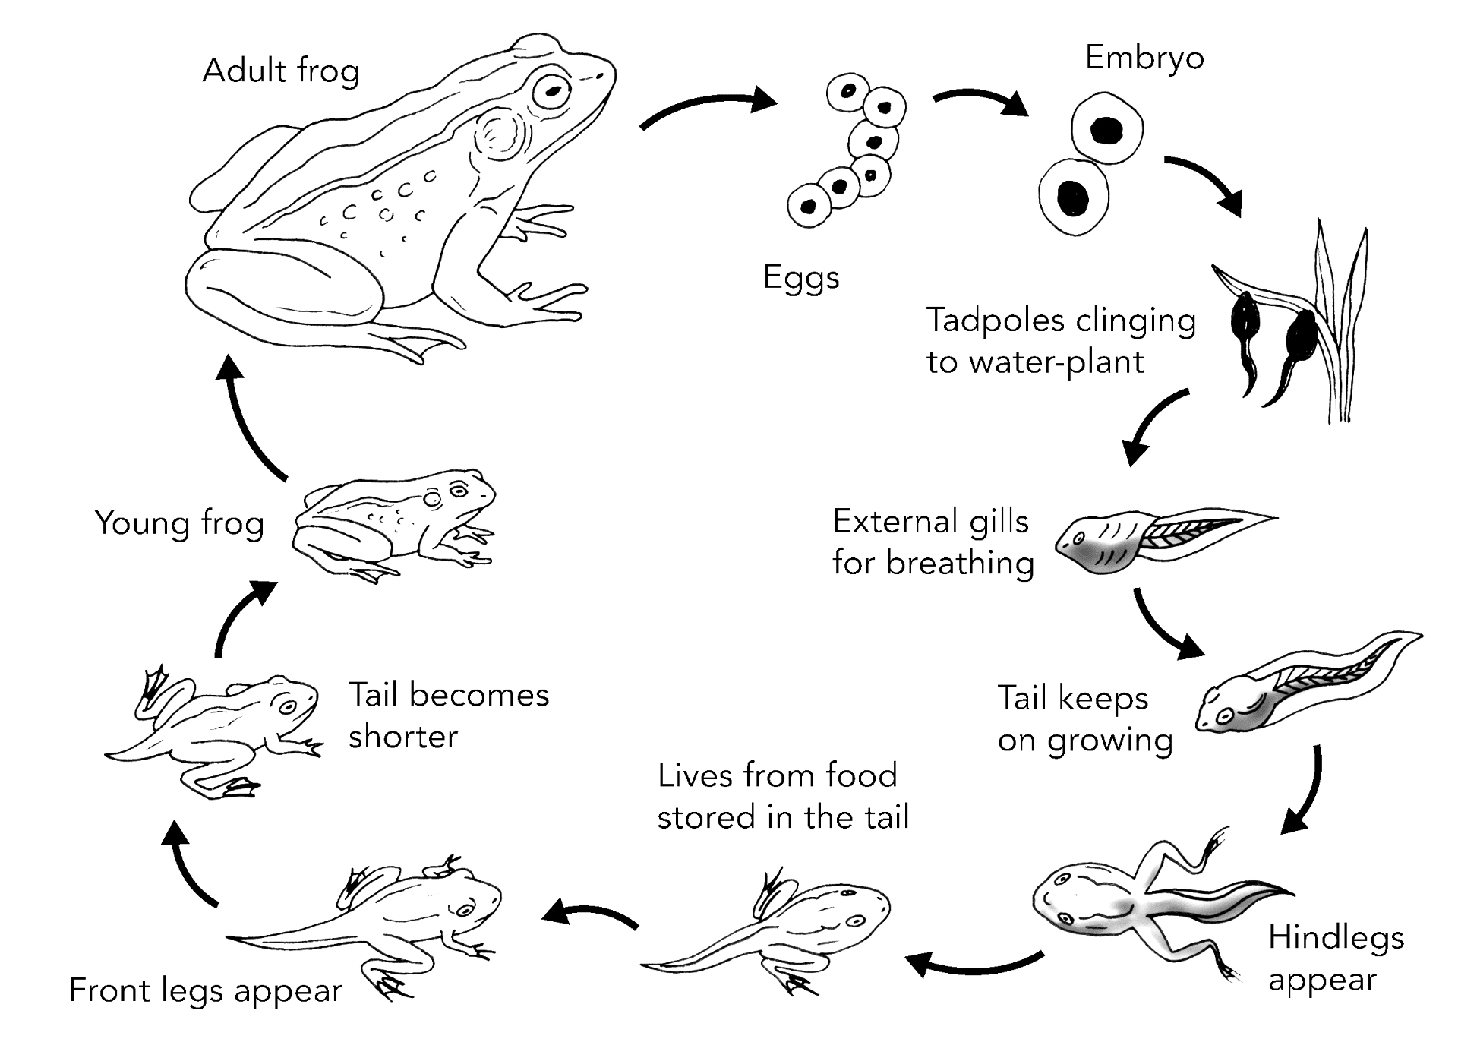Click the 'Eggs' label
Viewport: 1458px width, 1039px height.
point(801,278)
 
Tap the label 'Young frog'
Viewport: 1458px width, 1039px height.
point(179,524)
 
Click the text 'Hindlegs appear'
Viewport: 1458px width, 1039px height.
point(1336,958)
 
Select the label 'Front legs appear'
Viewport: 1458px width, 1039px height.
point(205,991)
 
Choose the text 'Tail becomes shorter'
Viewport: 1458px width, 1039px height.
point(448,716)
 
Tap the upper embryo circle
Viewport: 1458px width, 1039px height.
point(1107,128)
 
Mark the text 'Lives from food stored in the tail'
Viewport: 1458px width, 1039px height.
point(783,797)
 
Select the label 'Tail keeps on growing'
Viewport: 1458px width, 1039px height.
point(1085,719)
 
